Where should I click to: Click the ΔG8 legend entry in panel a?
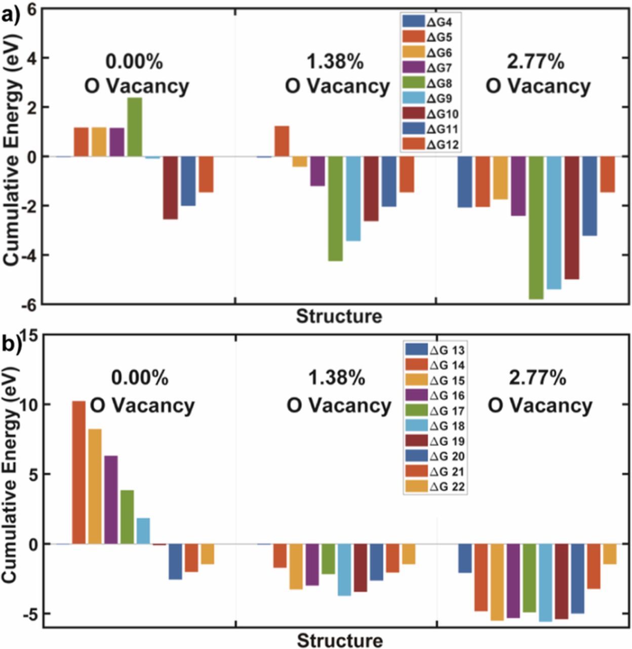point(430,83)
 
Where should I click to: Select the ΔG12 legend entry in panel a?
point(430,145)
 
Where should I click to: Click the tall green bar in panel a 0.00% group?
point(134,127)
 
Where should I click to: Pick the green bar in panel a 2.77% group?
point(536,228)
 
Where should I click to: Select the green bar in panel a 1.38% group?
point(335,208)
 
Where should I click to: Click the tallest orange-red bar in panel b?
point(78,472)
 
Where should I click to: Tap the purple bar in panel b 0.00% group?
point(111,499)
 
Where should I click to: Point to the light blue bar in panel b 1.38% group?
point(344,569)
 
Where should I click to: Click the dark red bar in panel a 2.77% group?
point(572,218)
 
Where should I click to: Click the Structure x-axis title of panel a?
point(339,316)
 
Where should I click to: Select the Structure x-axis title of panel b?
point(339,640)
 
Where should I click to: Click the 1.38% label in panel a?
point(335,62)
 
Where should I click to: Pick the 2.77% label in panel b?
point(538,378)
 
